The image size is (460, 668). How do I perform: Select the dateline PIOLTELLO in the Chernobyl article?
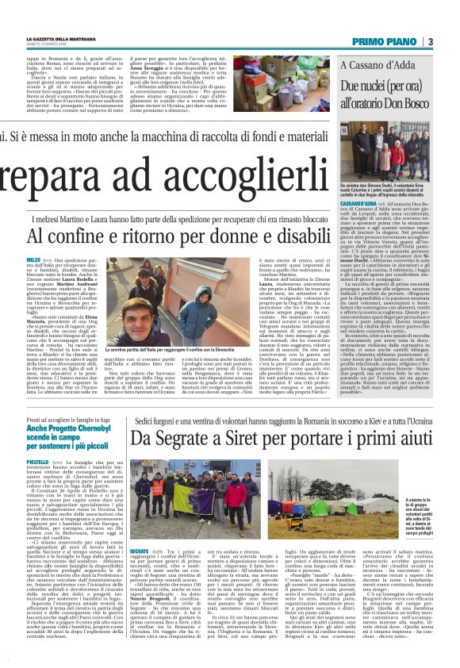[37, 483]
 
